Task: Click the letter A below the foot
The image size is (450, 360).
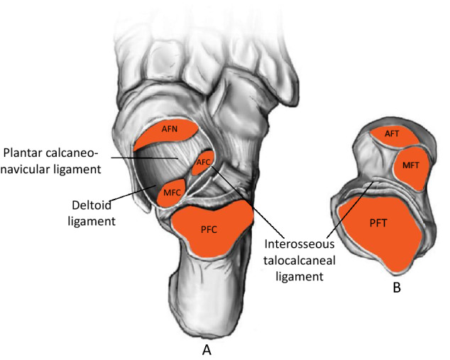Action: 207,350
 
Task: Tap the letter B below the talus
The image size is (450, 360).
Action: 397,288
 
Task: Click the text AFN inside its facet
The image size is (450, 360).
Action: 169,129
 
